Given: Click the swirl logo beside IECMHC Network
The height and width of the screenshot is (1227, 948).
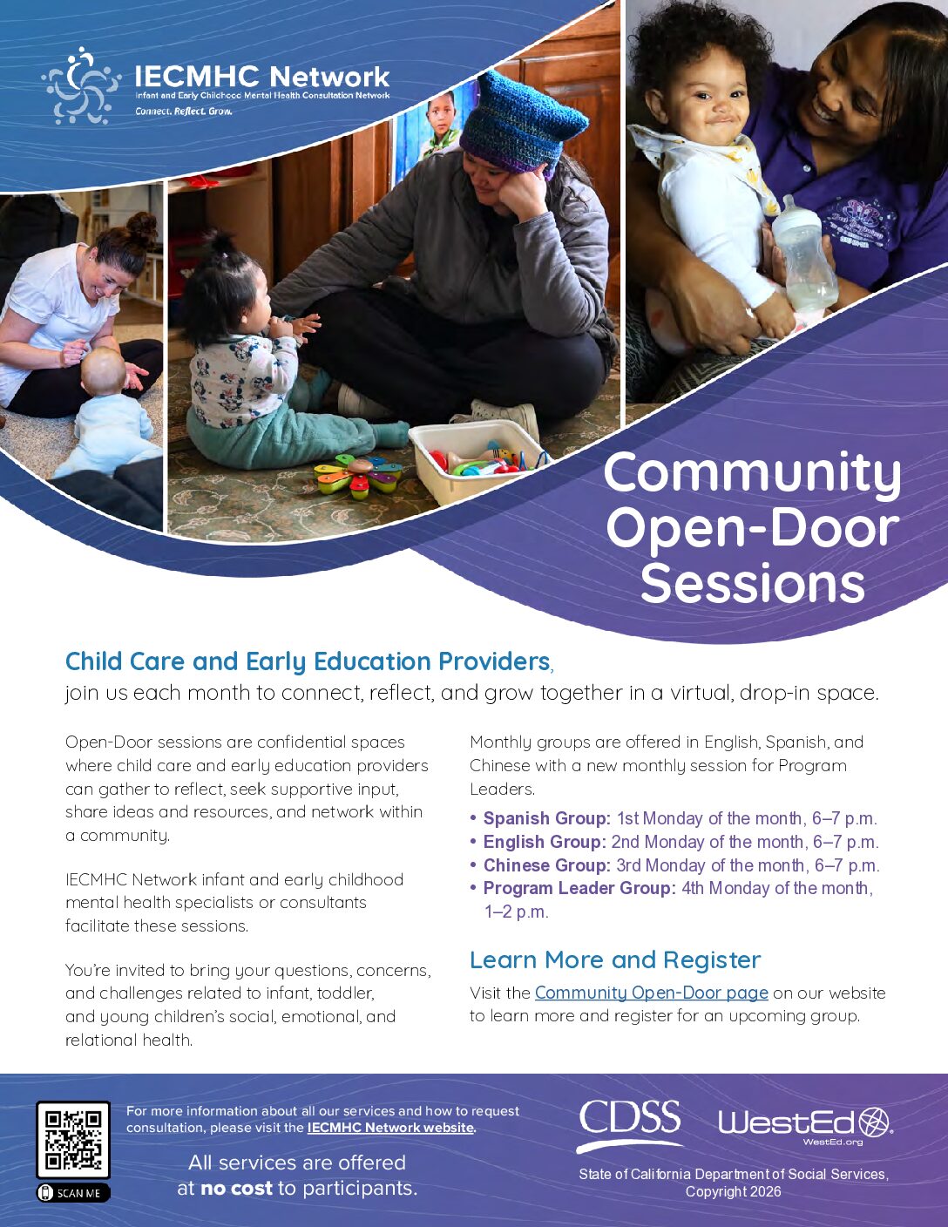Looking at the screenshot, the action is [81, 85].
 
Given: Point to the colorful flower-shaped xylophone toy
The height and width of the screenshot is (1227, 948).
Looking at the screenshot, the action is [358, 475].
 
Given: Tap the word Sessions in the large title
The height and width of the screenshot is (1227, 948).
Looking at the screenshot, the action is [752, 583].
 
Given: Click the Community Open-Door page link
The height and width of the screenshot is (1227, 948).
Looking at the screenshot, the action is [651, 992].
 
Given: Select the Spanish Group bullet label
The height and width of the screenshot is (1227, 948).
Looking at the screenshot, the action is [546, 817].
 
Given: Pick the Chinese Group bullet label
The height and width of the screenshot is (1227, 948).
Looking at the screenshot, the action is [546, 864].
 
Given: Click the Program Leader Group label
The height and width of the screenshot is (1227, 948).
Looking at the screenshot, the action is [579, 888].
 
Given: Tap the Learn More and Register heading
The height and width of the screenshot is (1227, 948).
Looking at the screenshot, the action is [615, 960].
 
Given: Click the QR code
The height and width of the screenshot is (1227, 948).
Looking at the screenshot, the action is [73, 1140].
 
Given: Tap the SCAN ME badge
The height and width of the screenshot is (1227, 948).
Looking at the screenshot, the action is [73, 1193].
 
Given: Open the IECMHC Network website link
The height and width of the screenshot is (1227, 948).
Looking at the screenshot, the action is [390, 1128].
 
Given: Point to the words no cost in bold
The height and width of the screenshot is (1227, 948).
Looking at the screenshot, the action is [237, 1188].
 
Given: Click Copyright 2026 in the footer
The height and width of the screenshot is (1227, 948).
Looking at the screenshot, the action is [733, 1192].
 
